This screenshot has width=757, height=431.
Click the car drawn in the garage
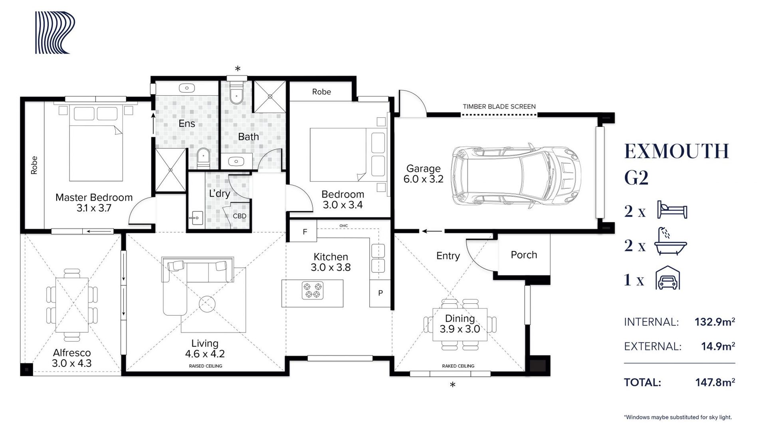[516, 176]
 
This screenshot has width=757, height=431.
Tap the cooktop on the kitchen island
[312, 291]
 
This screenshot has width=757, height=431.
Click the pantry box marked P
[380, 293]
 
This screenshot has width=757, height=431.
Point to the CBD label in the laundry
[240, 216]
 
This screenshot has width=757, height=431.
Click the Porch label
[524, 255]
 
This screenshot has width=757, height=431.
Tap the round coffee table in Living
[207, 304]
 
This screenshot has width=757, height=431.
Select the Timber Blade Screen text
[499, 107]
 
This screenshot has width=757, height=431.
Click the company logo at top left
[55, 32]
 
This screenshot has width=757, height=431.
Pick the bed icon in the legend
[672, 210]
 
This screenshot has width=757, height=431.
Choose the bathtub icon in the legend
[670, 241]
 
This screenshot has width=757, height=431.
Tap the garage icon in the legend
[667, 278]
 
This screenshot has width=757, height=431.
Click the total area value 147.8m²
[715, 382]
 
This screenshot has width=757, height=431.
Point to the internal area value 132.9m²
[715, 322]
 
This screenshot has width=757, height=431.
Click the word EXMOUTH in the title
[677, 151]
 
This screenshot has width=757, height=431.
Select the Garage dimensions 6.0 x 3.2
[423, 179]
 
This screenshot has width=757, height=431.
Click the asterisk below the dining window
[452, 385]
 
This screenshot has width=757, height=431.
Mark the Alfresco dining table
[72, 305]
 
